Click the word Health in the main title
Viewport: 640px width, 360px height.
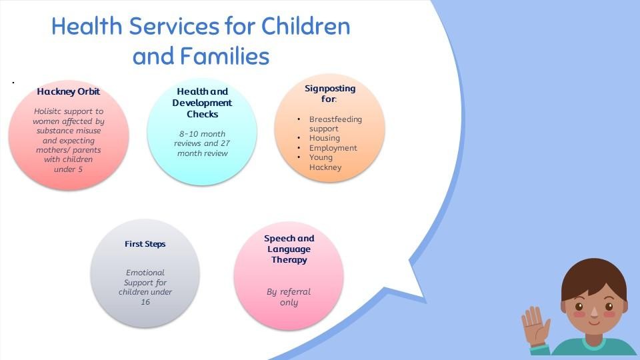tap(87, 26)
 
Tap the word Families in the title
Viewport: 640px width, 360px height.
tap(225, 56)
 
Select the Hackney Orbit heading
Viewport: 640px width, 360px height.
tap(68, 91)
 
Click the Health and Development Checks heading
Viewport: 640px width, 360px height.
tap(202, 103)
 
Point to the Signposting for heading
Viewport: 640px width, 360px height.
tap(330, 93)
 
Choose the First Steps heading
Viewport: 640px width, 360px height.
tap(145, 244)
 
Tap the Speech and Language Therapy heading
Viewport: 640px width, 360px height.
tap(289, 249)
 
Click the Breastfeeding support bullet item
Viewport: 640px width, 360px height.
tap(335, 124)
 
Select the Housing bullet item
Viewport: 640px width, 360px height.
tap(324, 138)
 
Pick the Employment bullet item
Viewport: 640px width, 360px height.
tap(333, 148)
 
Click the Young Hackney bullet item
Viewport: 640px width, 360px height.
tap(325, 162)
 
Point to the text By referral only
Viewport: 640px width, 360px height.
tap(289, 297)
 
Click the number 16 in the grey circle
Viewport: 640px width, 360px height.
tap(145, 302)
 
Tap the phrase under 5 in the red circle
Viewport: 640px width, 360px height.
tap(68, 169)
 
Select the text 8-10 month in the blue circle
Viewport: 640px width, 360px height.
tap(202, 134)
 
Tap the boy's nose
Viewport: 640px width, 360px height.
tap(594, 312)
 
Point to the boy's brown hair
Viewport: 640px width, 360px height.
tap(594, 277)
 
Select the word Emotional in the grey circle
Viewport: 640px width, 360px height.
tap(145, 272)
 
